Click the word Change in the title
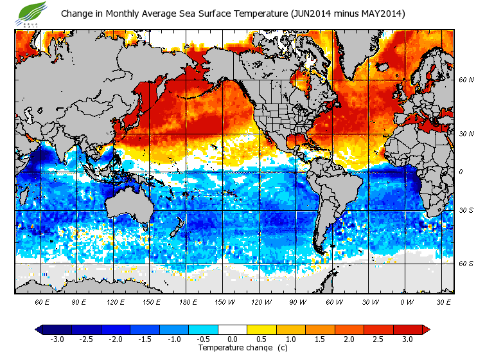[x=78, y=14]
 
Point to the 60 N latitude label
[x=466, y=80]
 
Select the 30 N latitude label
[x=466, y=134]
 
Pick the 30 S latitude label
[x=466, y=210]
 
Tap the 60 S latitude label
[x=466, y=264]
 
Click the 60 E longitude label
[x=42, y=302]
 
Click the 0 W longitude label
[x=406, y=302]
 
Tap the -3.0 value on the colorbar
[x=57, y=339]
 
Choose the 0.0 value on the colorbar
[x=232, y=339]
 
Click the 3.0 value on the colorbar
[x=408, y=339]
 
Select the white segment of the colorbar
[x=233, y=330]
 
